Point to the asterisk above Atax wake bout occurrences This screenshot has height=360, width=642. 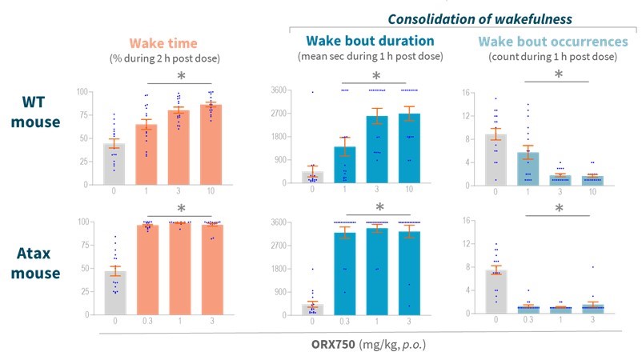coord(558,209)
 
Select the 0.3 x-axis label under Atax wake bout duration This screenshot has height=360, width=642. coord(345,322)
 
